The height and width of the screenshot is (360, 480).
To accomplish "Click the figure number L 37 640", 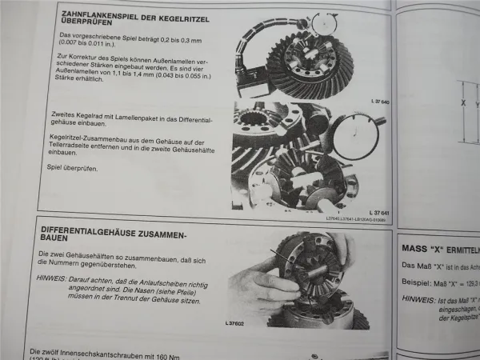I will pos(370,102).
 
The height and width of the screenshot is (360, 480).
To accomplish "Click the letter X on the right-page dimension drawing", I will pos(462,102).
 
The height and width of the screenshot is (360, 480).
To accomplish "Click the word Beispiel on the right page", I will pos(418,282).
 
